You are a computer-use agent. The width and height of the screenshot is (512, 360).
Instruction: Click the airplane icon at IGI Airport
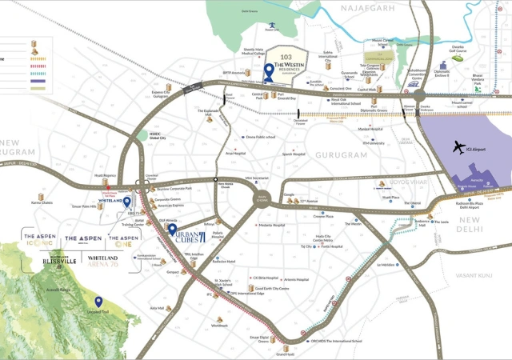458,148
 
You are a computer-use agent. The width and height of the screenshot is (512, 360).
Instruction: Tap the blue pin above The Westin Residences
269,72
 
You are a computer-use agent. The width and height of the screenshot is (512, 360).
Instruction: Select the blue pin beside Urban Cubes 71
172,231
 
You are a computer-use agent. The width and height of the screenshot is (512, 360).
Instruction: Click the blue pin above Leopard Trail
99,301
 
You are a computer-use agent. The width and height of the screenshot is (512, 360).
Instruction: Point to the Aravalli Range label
61,289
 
